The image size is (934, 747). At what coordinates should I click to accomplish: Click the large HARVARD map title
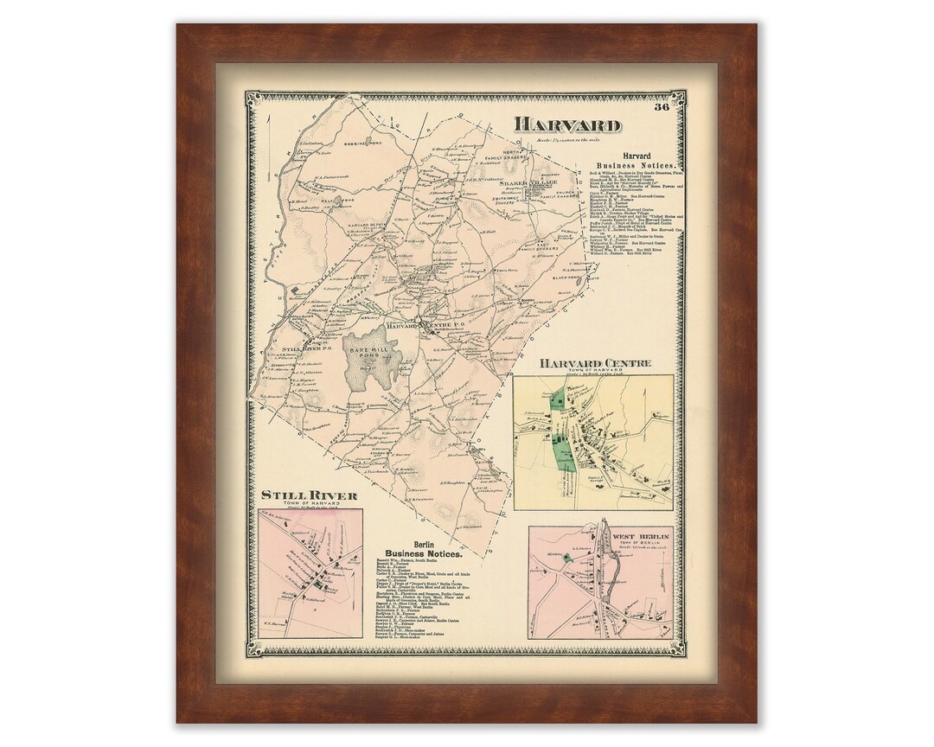tap(567, 124)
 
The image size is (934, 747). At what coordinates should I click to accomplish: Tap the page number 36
tap(662, 107)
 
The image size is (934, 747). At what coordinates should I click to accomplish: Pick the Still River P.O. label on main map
tap(309, 350)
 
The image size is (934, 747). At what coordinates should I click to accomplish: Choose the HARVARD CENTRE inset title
tap(595, 363)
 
